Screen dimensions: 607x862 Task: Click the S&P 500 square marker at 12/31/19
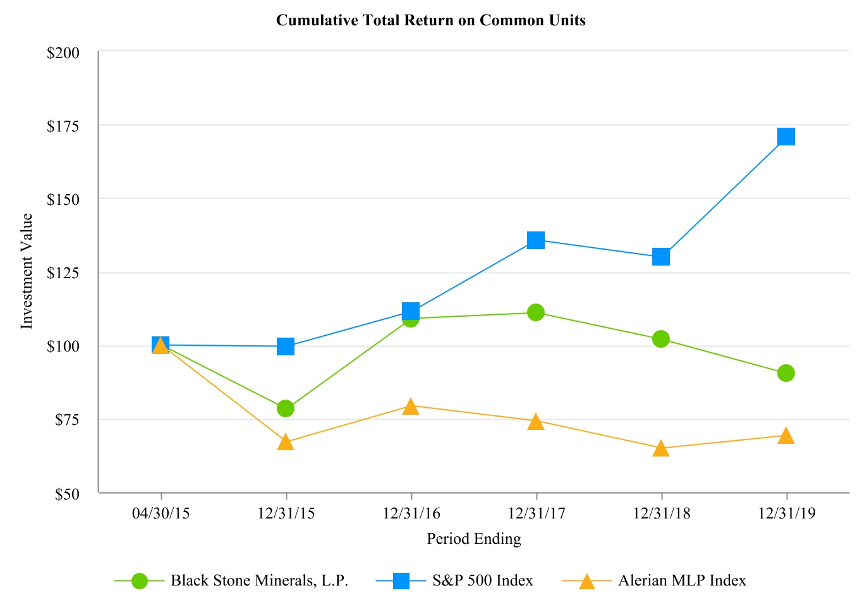(786, 137)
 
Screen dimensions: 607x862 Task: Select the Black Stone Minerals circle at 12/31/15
(286, 408)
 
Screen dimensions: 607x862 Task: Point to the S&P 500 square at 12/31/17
(536, 240)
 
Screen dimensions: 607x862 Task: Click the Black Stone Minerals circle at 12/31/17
(536, 312)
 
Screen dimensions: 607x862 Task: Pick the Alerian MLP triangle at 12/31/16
(411, 407)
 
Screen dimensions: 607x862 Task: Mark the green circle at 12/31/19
(786, 373)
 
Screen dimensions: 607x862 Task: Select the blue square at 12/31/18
(660, 257)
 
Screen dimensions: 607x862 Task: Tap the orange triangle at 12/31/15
(286, 442)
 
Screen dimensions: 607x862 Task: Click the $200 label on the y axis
(63, 52)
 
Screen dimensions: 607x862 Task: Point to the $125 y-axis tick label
(63, 273)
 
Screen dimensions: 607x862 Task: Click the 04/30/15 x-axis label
(161, 513)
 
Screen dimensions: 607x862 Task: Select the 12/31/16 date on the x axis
(411, 513)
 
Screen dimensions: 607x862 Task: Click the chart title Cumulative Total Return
(431, 20)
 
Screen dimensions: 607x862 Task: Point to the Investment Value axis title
(27, 271)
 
